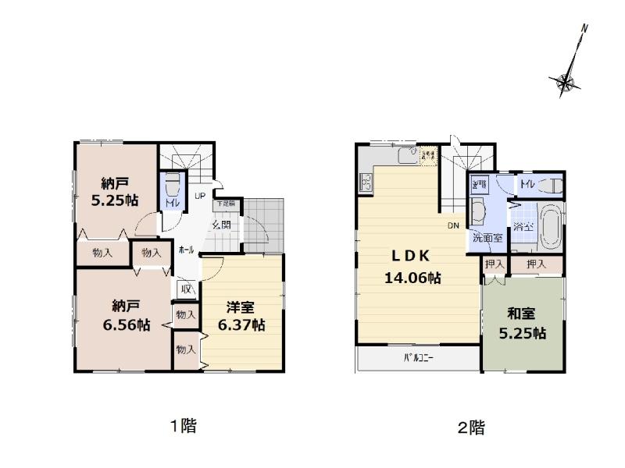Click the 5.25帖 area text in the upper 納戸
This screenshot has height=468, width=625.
coord(115,200)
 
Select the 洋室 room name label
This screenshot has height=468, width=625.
coord(241,308)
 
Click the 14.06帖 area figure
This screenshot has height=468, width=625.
coord(412,277)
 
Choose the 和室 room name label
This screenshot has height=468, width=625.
coord(521,314)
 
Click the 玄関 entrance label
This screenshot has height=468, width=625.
coord(221,225)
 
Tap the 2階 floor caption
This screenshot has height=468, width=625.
coord(471,427)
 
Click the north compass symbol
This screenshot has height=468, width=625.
coord(568,80)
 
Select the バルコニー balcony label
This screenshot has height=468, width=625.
coord(419,360)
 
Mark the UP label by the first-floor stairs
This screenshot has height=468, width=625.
coord(200,196)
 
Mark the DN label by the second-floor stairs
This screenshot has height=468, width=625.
coord(453,226)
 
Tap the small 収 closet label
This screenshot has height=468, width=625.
coord(186,289)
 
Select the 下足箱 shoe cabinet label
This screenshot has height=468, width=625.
coord(224,204)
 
